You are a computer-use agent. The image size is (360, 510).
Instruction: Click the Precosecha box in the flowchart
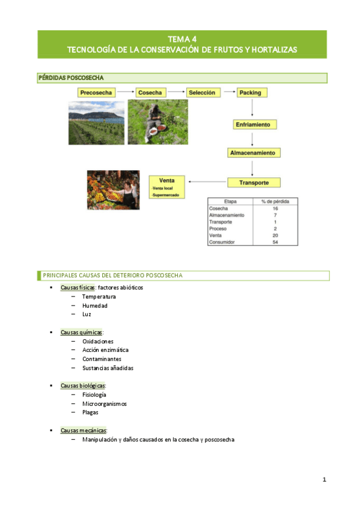(96, 93)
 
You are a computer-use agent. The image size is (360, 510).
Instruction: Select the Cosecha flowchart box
(150, 93)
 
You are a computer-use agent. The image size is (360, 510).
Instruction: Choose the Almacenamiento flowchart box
(254, 153)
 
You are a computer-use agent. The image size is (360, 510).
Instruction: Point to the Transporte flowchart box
(254, 182)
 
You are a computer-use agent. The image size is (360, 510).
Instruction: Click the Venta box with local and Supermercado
(168, 187)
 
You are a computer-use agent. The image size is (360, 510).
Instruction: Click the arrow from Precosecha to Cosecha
(125, 93)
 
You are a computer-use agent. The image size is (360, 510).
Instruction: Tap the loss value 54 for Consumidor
(275, 242)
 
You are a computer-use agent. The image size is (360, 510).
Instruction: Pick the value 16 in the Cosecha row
(275, 208)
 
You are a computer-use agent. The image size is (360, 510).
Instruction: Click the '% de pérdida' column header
(275, 201)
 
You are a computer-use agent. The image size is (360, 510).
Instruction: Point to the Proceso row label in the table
(218, 229)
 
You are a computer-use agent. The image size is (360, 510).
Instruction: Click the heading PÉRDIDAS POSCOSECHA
(72, 78)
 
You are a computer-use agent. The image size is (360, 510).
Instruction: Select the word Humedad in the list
(95, 306)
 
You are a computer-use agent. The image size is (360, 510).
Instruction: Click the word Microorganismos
(105, 404)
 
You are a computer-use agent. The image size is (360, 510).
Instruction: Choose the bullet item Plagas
(90, 413)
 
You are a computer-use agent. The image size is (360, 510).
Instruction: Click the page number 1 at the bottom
(324, 479)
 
